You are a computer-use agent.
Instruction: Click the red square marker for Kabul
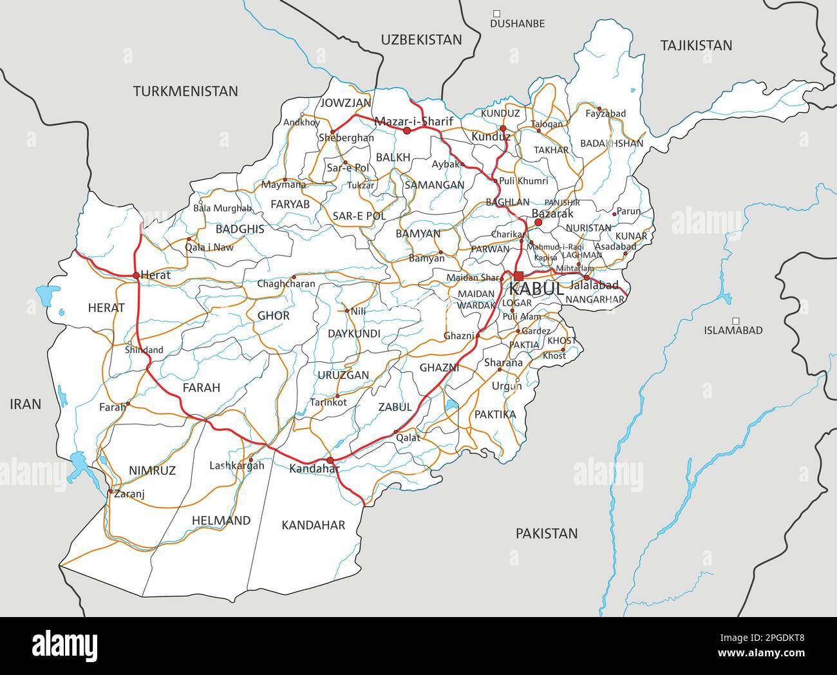[518, 276]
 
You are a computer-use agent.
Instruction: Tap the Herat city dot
[136, 275]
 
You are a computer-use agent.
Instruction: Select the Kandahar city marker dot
[330, 461]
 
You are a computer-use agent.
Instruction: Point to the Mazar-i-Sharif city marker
[407, 130]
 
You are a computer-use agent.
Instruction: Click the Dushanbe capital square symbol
[496, 13]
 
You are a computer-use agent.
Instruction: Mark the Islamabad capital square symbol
[735, 320]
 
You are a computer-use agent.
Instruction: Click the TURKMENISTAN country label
[185, 91]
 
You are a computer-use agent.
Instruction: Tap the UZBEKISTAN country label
[421, 40]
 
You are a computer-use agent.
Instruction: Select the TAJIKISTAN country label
[696, 45]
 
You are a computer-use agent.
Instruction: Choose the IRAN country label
[26, 404]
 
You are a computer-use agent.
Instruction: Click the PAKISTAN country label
[546, 533]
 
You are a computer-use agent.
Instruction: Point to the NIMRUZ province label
[152, 471]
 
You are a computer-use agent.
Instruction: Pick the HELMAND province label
[221, 520]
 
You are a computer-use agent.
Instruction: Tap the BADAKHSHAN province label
[611, 144]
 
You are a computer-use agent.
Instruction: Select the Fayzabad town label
[605, 114]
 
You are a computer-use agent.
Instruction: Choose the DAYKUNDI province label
[353, 334]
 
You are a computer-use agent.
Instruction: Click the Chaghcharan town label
[286, 284]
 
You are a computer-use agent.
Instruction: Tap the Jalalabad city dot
[587, 278]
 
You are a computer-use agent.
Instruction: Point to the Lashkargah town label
[237, 466]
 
